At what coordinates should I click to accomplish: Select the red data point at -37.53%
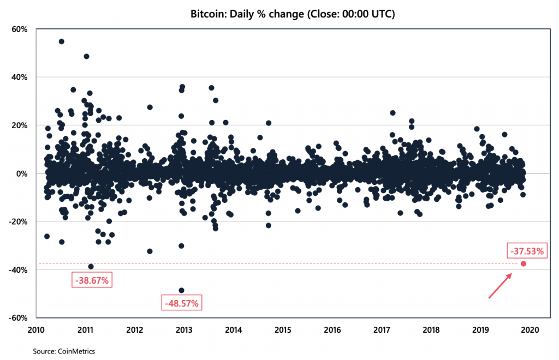[524, 263]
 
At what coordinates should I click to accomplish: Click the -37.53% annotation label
[527, 251]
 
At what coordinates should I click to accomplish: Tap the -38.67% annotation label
[91, 280]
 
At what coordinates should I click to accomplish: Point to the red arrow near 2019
[499, 286]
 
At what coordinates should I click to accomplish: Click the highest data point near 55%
[61, 41]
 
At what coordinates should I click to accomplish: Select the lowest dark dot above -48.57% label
[181, 290]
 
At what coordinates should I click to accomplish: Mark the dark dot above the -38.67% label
[91, 267]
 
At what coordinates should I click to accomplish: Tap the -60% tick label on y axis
[19, 318]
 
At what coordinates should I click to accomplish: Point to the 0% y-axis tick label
[22, 173]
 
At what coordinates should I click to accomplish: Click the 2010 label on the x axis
[36, 329]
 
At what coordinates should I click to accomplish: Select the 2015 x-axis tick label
[283, 329]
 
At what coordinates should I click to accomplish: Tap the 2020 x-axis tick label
[530, 329]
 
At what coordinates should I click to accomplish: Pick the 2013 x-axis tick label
[184, 329]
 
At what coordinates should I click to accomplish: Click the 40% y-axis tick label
[20, 77]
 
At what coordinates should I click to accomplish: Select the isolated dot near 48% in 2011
[86, 56]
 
